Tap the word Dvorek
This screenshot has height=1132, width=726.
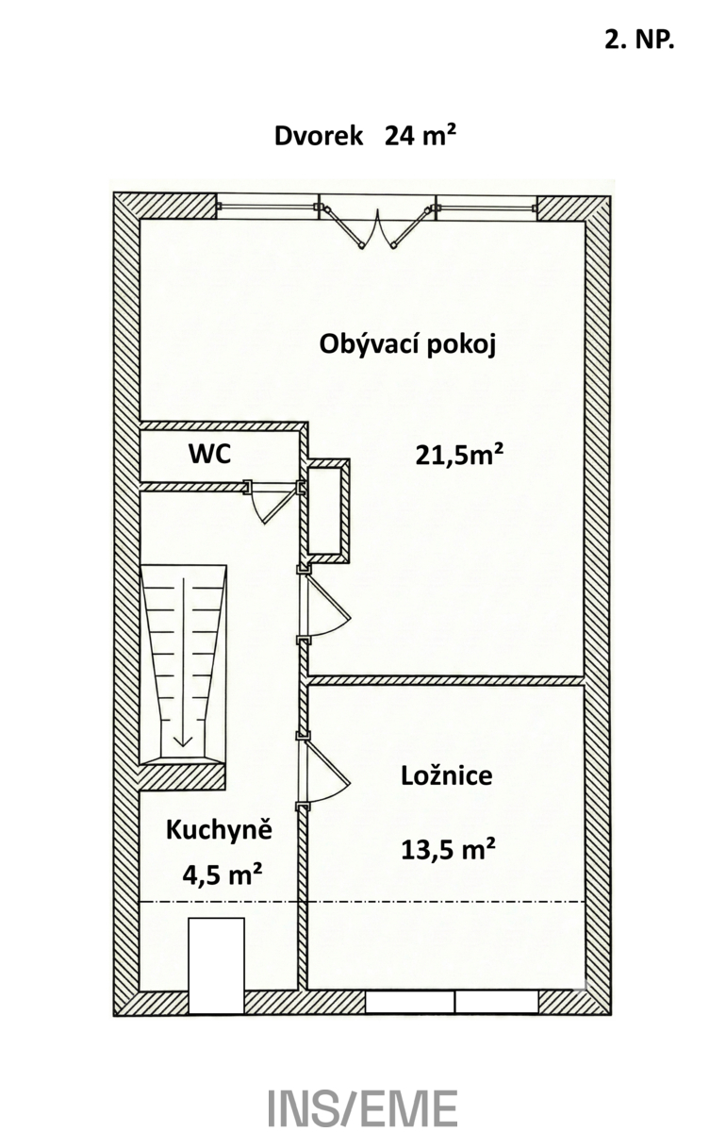click(319, 136)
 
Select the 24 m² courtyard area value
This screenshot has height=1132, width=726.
click(421, 136)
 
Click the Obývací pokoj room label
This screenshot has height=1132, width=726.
click(407, 346)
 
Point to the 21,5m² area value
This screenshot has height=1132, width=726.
click(459, 456)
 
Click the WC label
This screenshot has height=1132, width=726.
click(209, 454)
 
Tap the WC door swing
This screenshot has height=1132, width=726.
click(272, 503)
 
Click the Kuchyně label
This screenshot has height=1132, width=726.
click(219, 831)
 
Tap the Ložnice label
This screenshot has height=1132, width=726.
click(447, 775)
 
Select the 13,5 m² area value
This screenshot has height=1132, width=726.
click(448, 849)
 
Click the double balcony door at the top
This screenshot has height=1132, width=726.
click(377, 223)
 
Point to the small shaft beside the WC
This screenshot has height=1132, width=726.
click(328, 510)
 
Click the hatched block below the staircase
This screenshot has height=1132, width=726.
click(182, 776)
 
